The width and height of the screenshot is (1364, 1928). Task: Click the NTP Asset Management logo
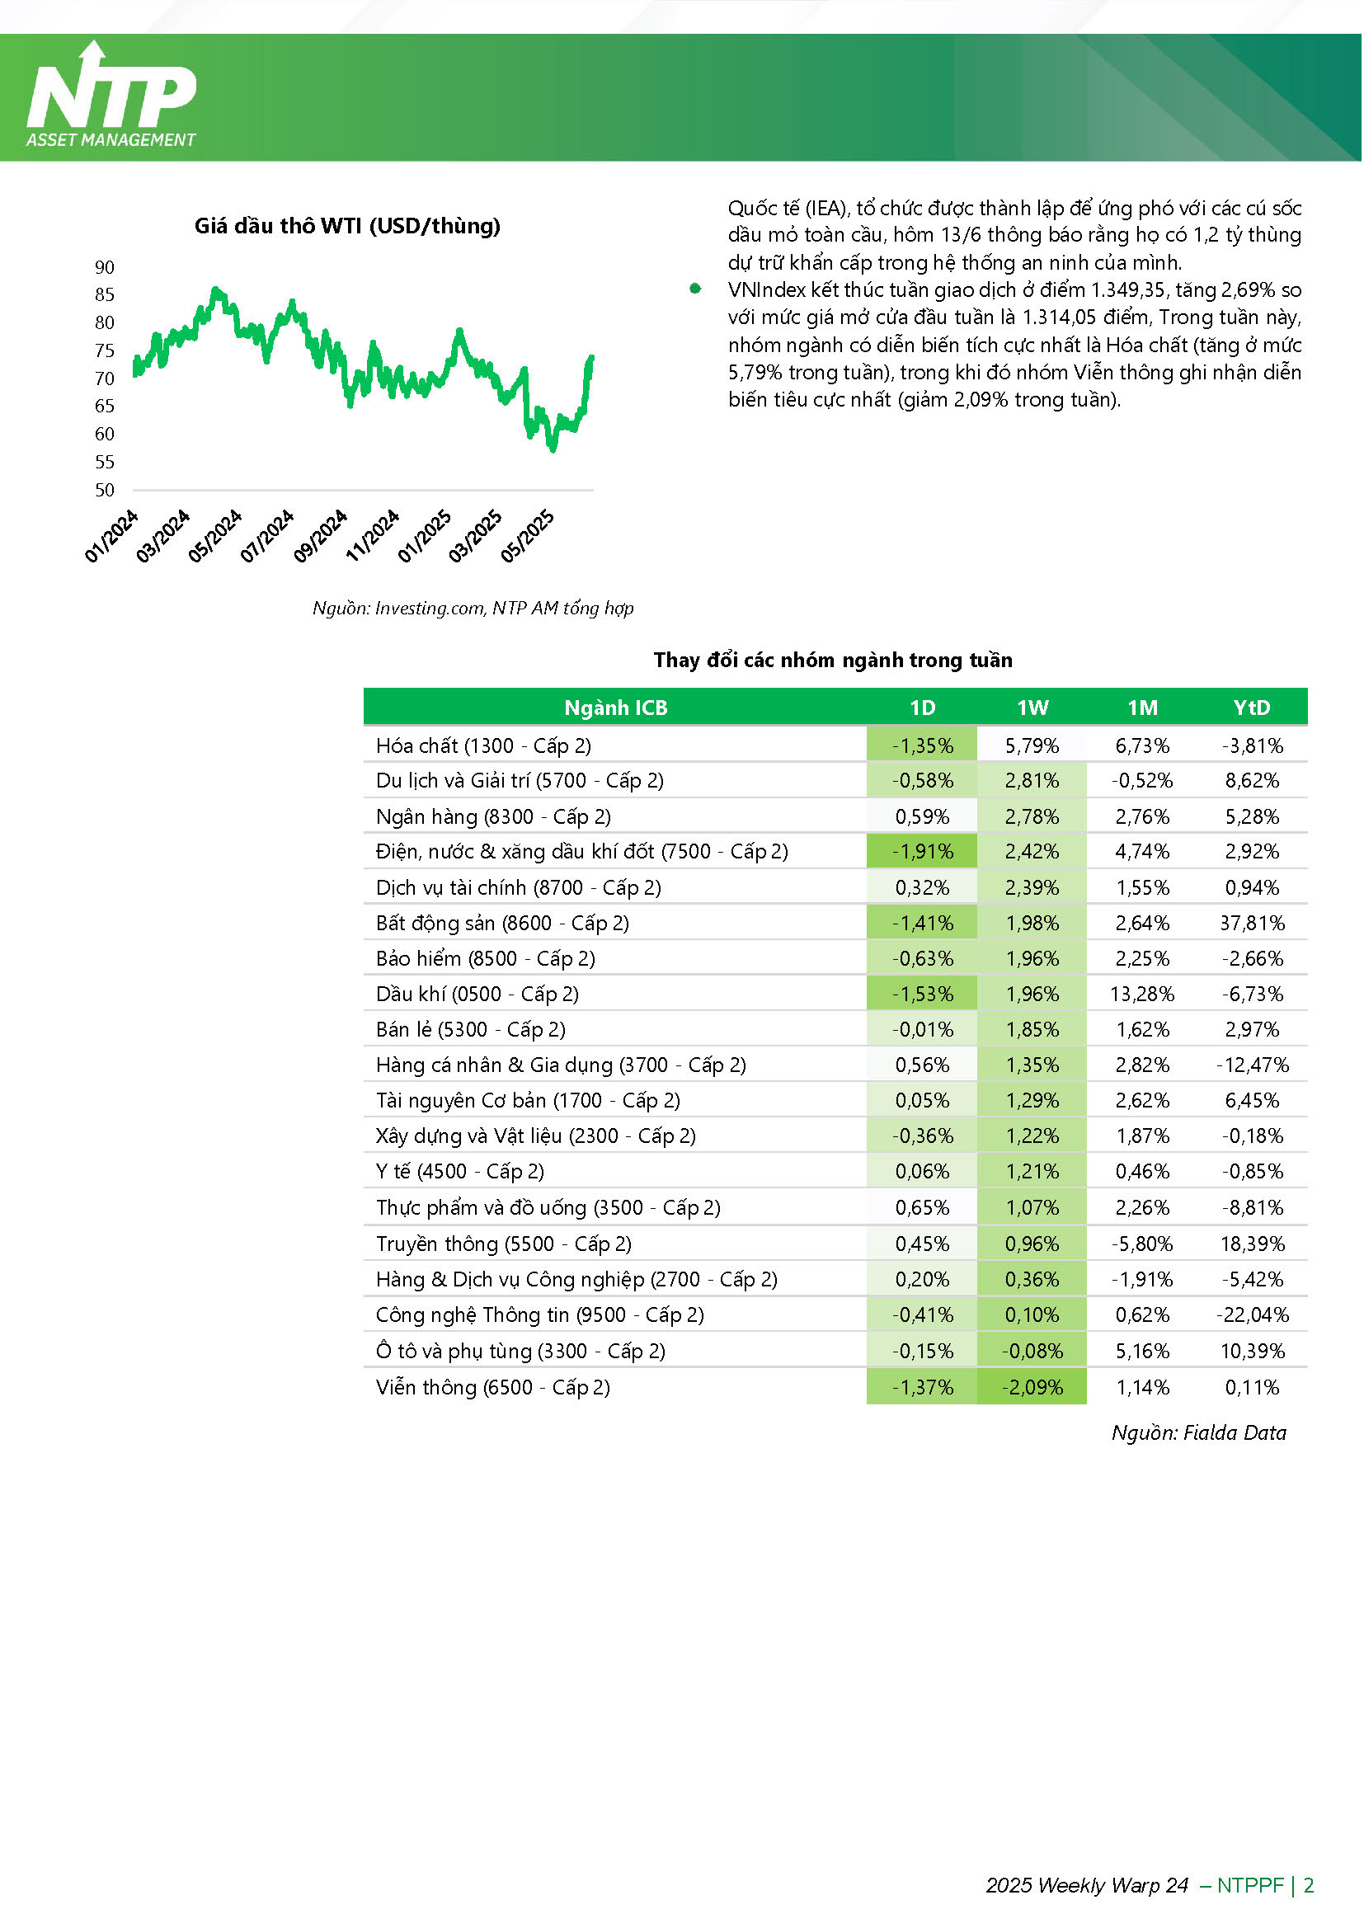111,95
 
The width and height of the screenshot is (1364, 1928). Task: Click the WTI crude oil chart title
348,226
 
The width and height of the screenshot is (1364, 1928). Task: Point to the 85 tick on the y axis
104,294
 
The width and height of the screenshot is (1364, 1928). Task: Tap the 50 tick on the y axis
104,490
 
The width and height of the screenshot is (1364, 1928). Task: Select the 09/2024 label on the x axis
321,536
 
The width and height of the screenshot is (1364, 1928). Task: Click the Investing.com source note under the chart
473,608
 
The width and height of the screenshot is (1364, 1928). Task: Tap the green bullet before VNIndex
695,289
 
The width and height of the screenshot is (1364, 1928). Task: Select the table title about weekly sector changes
833,660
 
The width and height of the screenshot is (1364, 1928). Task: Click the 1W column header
1032,708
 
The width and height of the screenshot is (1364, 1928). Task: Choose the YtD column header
1252,708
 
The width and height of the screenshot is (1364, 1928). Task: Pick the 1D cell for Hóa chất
922,745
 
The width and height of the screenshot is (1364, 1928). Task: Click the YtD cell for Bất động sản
1253,924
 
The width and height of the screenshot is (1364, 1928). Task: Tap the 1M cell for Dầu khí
1142,995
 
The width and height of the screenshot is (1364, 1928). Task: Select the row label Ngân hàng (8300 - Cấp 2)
494,817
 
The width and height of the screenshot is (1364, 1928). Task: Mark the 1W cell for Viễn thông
1032,1387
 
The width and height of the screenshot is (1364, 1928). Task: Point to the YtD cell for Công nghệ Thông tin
1253,1315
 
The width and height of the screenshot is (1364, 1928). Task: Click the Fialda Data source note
1199,1432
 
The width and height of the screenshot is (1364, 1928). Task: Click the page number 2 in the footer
1309,1885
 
